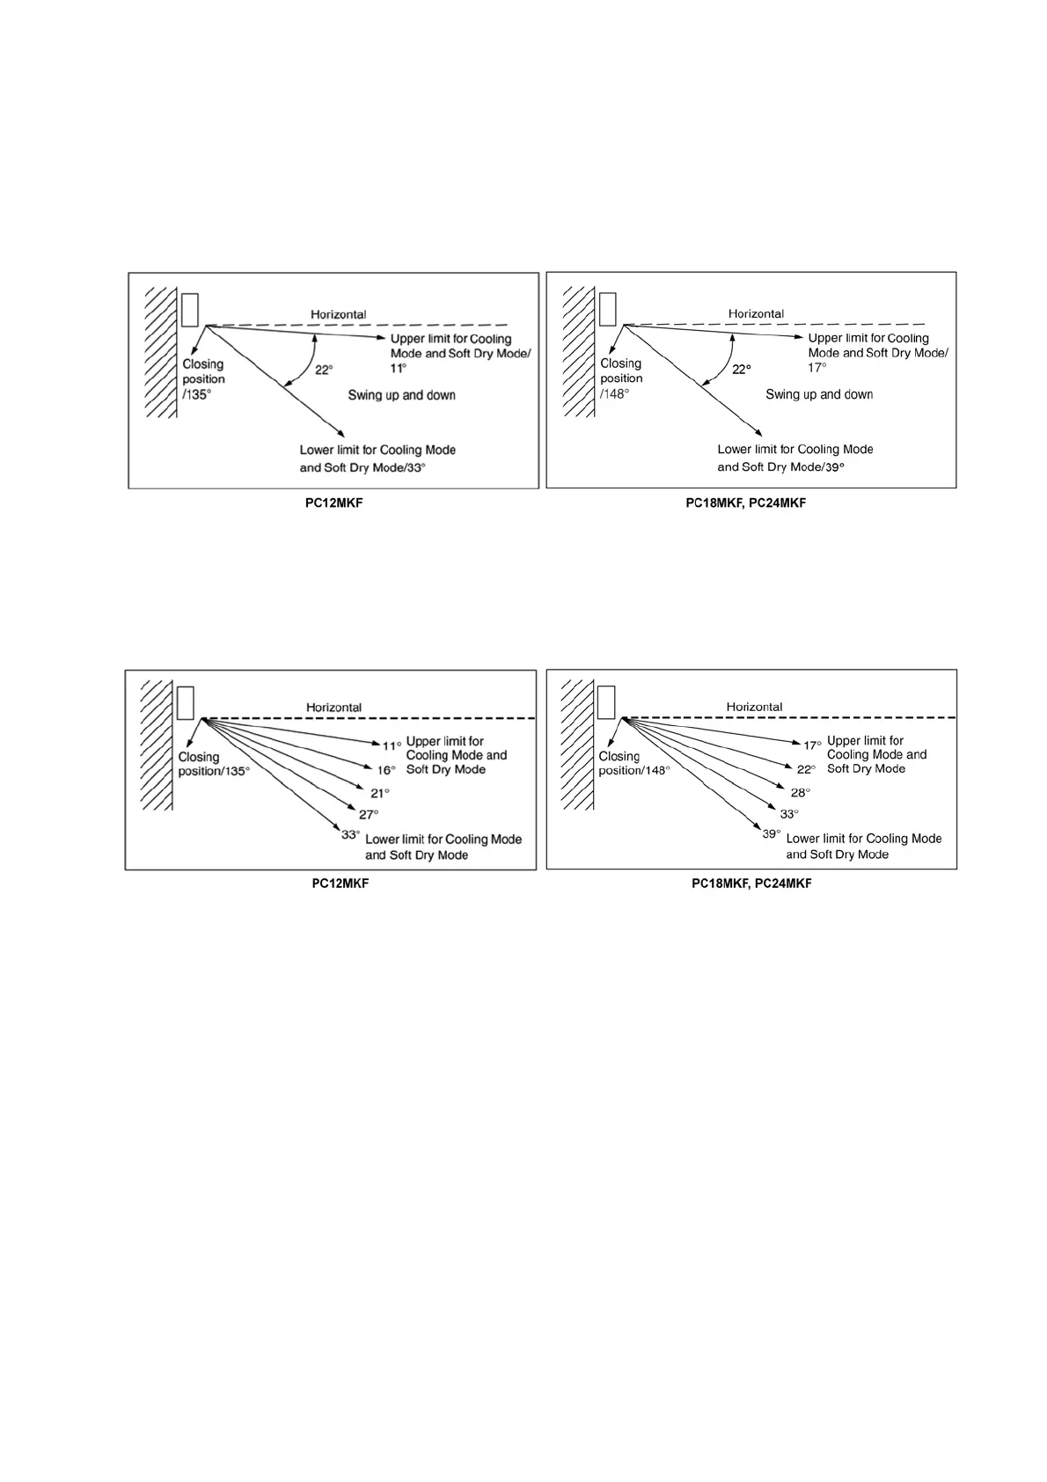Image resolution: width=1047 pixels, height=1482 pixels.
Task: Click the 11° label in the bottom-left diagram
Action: pos(392,745)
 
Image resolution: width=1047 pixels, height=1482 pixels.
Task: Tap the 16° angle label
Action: pos(386,769)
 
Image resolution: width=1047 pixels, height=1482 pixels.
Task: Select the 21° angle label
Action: pos(380,793)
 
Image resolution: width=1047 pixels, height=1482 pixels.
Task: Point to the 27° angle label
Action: pos(369,814)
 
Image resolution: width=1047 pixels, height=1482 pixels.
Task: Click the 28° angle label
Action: pos(800,792)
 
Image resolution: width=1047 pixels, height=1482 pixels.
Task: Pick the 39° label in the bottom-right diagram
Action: pos(772,833)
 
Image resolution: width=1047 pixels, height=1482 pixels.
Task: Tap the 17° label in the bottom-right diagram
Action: pos(812,745)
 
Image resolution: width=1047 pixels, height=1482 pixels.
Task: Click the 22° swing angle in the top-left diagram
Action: pos(324,370)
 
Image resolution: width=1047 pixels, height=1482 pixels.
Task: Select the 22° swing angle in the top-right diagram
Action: pos(742,370)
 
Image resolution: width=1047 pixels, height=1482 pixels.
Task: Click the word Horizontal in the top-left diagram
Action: pos(338,314)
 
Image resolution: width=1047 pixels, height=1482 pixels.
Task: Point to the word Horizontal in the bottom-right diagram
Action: pos(754,707)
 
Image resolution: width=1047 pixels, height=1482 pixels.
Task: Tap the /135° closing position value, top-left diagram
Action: pos(197,395)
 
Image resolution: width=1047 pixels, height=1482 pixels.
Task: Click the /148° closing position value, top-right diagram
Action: pos(615,394)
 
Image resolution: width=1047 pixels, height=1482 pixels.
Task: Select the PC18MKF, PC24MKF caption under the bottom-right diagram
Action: pos(751,883)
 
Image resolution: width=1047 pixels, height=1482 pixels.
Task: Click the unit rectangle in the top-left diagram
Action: pos(189,309)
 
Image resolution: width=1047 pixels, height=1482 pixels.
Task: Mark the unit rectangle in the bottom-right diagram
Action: pos(606,701)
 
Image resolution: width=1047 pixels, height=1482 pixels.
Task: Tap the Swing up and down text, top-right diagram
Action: pos(819,394)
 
